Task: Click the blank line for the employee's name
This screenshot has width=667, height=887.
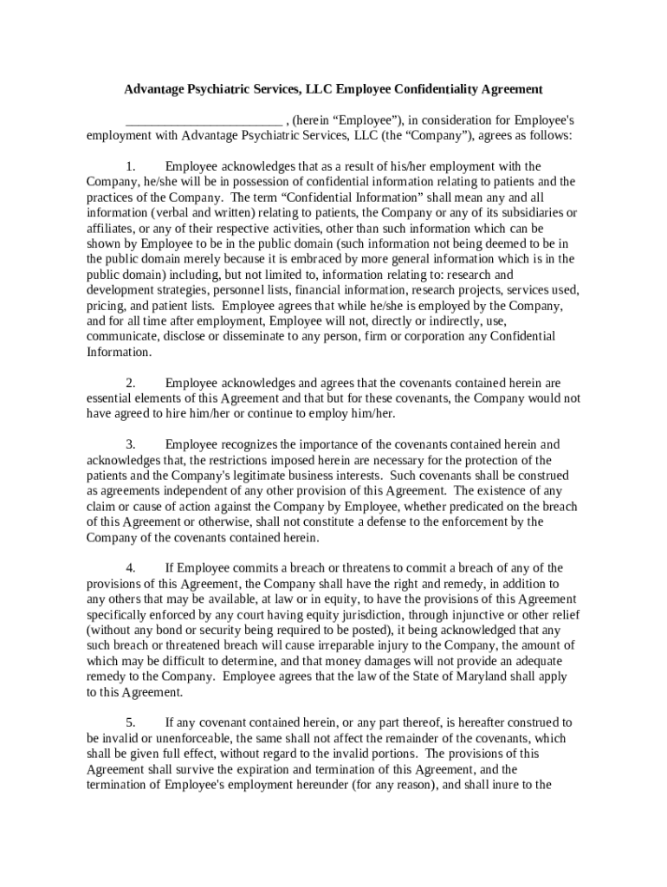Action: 204,120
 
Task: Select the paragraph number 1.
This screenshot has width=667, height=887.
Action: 130,166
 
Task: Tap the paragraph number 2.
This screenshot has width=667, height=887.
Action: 130,383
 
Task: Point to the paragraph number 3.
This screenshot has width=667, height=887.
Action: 130,444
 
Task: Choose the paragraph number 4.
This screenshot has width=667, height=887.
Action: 130,568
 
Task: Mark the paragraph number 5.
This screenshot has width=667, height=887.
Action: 130,722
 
